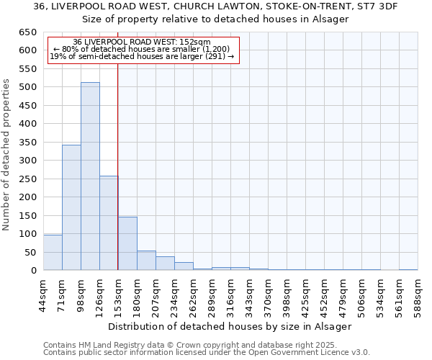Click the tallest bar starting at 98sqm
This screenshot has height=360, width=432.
(90, 176)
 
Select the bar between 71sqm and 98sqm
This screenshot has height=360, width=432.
(71, 207)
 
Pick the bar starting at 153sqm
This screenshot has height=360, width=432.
(127, 243)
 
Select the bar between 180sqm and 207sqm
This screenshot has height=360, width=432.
(146, 261)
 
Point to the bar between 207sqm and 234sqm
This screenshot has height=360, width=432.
(165, 264)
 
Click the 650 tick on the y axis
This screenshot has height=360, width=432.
(27, 32)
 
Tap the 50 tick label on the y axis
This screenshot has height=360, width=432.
(30, 252)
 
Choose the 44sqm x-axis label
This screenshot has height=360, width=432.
(44, 296)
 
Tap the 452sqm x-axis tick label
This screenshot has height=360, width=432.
(325, 296)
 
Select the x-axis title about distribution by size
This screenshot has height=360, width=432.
(230, 326)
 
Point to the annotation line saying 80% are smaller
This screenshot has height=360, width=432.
(141, 49)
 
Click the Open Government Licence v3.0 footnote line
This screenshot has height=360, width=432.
(207, 353)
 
